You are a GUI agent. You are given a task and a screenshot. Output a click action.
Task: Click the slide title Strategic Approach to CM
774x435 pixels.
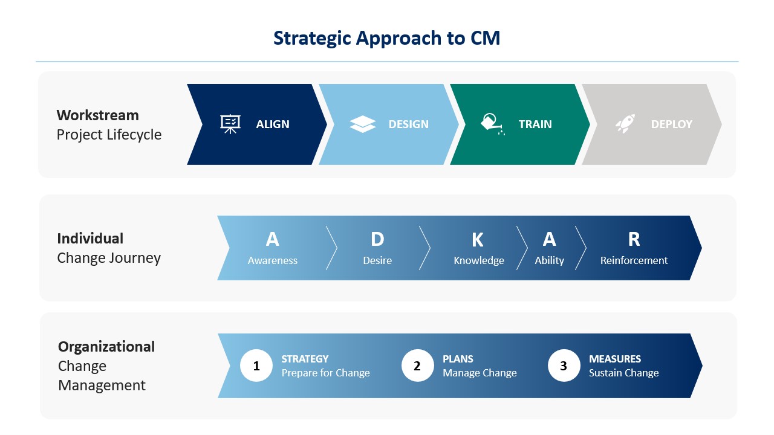tap(386, 38)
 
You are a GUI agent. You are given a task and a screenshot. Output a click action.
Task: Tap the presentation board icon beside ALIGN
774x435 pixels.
tap(230, 124)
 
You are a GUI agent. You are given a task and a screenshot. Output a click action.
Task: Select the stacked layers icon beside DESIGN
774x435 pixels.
tap(362, 124)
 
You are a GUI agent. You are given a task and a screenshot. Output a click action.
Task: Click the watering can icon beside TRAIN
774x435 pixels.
tap(492, 124)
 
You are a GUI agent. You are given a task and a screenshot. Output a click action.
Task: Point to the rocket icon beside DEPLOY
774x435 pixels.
tap(625, 123)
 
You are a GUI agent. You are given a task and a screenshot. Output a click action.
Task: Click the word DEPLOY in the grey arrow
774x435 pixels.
tap(671, 124)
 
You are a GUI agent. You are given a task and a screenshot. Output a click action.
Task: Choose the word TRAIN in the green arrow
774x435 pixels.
tap(535, 124)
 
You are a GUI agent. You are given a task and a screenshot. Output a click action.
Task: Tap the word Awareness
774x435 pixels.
tap(272, 260)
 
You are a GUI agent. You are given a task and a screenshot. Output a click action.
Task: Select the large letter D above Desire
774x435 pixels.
tap(377, 239)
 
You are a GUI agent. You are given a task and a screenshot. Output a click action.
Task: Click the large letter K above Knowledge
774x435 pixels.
tap(478, 240)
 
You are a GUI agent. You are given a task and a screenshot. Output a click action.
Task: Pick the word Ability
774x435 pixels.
tap(549, 260)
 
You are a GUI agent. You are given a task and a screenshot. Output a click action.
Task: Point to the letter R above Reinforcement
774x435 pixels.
tap(634, 239)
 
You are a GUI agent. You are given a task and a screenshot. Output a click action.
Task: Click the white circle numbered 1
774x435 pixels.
tap(256, 366)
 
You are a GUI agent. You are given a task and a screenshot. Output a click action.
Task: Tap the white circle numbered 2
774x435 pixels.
tap(417, 366)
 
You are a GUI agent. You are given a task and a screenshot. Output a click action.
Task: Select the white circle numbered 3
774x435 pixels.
tap(564, 366)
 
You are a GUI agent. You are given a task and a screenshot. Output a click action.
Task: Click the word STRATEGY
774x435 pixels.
tap(305, 359)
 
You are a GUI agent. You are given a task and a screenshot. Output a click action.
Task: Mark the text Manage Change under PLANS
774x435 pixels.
tap(480, 373)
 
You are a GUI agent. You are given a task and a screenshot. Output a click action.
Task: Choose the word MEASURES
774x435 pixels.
tap(615, 359)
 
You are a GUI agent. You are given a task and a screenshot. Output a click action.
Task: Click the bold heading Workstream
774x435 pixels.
tap(98, 115)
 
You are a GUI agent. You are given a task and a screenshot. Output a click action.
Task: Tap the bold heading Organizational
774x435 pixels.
tap(106, 347)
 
